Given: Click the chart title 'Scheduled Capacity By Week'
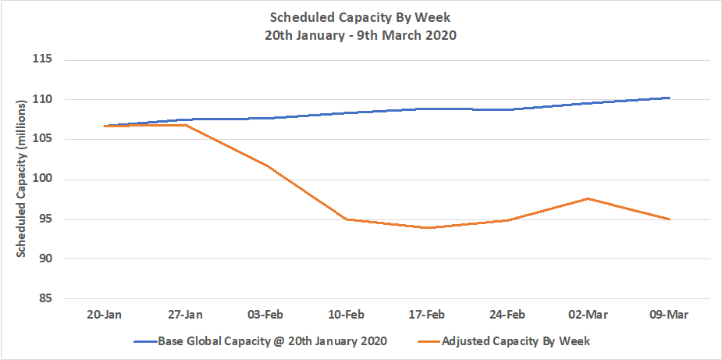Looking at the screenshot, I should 361,16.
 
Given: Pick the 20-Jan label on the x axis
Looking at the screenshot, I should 105,315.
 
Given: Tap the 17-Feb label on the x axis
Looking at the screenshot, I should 428,315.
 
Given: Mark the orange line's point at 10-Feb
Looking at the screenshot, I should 347,219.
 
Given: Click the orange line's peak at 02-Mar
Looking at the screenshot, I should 589,198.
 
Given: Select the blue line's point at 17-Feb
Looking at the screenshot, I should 428,109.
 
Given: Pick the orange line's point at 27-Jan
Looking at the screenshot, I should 185,125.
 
